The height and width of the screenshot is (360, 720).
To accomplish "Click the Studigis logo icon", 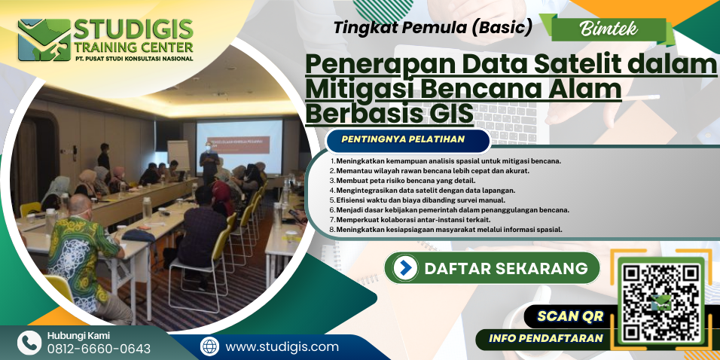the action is [44, 40].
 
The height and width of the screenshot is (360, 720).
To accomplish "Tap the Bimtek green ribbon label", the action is [609, 29].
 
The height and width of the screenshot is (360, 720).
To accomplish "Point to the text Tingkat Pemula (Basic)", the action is [432, 28].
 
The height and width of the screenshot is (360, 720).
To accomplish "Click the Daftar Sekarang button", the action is [492, 268].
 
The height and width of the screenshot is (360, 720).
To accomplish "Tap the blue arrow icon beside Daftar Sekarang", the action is [405, 268].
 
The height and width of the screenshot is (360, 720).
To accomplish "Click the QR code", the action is [661, 302].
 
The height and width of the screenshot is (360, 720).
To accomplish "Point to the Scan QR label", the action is [570, 316].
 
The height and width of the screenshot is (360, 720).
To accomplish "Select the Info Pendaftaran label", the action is [545, 339].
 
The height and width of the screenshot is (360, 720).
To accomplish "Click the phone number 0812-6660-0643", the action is [99, 349].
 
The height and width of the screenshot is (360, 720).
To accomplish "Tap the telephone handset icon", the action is [29, 343].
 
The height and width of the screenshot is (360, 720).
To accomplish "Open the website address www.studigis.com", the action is [282, 347].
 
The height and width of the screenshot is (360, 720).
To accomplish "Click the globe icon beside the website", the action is [210, 346].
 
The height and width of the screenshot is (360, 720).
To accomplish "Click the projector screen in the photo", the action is [239, 146].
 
